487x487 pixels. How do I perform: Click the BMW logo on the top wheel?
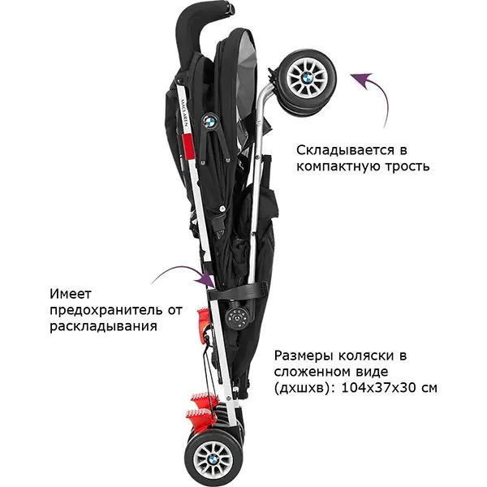point(307,77)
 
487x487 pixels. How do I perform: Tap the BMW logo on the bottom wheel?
point(213,459)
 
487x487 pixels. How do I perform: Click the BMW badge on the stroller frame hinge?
point(209,121)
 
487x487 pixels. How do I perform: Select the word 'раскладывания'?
point(103,327)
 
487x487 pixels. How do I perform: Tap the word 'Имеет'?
point(71,294)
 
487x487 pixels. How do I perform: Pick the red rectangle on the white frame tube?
point(187,147)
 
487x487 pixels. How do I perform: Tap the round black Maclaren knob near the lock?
point(236,318)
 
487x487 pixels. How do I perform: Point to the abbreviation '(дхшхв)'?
point(305,388)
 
